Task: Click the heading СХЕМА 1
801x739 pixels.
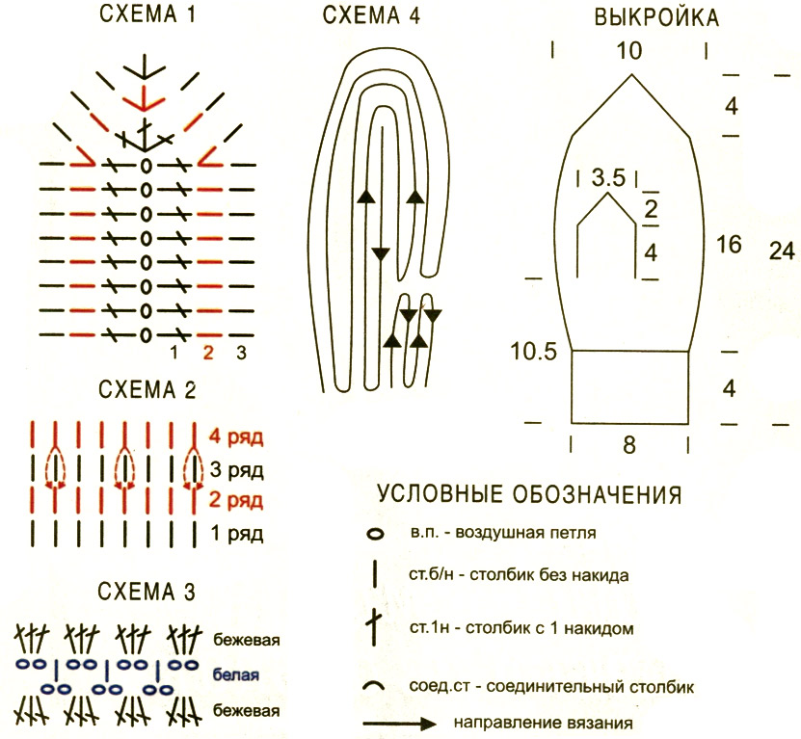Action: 147,14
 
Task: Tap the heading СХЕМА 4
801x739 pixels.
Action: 371,15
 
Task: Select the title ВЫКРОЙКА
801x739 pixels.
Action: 656,18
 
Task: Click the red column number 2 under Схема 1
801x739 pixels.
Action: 208,353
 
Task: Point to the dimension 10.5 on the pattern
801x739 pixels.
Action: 533,352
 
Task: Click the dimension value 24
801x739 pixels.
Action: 782,251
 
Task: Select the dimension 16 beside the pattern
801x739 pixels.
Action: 729,244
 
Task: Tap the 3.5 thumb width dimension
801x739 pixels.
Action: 608,177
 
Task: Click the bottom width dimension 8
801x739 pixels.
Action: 629,445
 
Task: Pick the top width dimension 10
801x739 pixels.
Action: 628,51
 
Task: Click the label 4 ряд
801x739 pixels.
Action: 236,437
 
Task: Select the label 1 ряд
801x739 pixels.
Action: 237,533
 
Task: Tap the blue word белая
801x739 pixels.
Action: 236,674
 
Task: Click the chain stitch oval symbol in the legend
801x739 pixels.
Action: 376,535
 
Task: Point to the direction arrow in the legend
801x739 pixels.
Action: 400,724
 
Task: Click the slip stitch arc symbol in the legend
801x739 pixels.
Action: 373,684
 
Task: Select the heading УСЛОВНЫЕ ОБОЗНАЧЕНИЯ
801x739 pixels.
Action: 529,494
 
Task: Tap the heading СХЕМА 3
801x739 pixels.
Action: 147,592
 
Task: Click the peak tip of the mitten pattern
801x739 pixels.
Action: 632,75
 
